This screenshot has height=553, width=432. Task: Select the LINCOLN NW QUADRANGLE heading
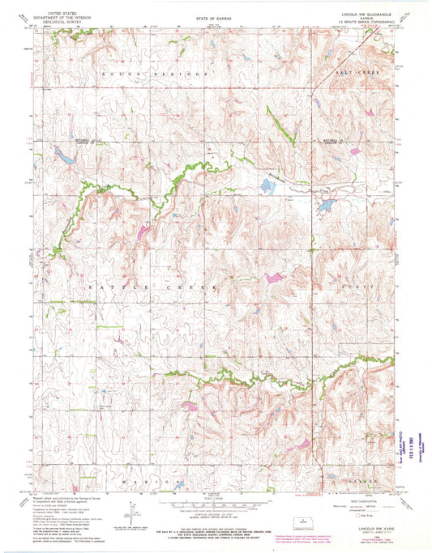pyautogui.click(x=366, y=13)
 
